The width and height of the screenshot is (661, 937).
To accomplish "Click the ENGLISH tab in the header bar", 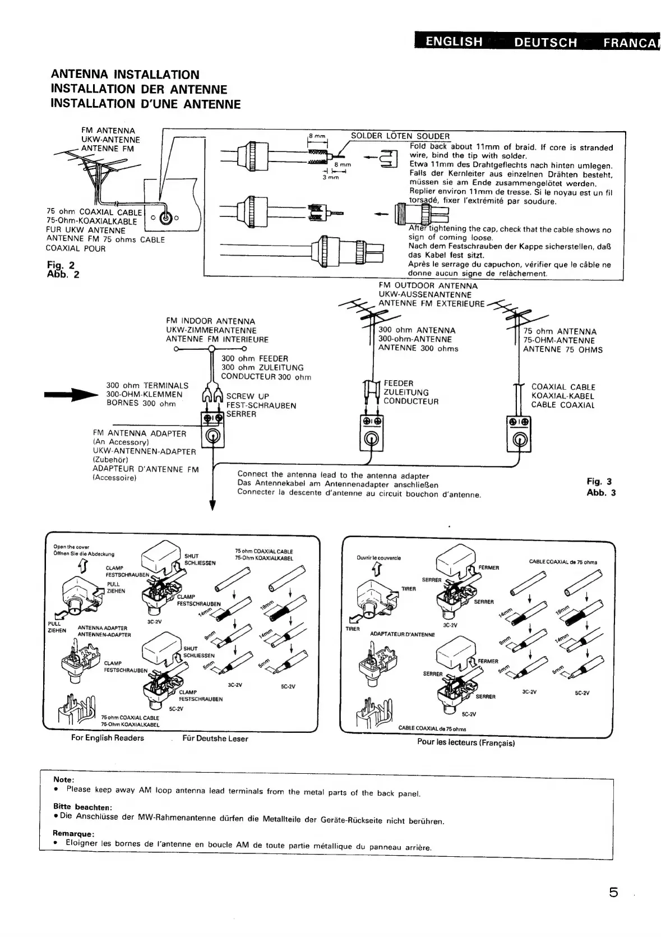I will coord(454,41).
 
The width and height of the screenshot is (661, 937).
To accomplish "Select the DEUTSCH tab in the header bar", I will coord(546,42).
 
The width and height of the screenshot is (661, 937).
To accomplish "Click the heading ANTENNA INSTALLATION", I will coord(124,75).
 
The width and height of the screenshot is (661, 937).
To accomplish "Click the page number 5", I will coord(613,892).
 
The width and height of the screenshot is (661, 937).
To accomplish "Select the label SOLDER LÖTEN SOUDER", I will coord(400,136).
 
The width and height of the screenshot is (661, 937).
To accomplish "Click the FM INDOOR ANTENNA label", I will coord(210,321).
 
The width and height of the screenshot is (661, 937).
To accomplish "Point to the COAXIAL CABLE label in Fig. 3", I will coord(563,387).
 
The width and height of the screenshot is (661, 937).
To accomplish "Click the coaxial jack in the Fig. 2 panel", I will coord(166,218).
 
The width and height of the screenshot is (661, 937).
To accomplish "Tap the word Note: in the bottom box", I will coord(63,779).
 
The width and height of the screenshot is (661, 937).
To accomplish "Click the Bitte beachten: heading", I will coord(82,806).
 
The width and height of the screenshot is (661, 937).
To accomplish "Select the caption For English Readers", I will coord(107,738).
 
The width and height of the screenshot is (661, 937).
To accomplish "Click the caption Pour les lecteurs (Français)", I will coord(465,742).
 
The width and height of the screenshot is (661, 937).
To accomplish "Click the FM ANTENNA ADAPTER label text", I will coord(139,433).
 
